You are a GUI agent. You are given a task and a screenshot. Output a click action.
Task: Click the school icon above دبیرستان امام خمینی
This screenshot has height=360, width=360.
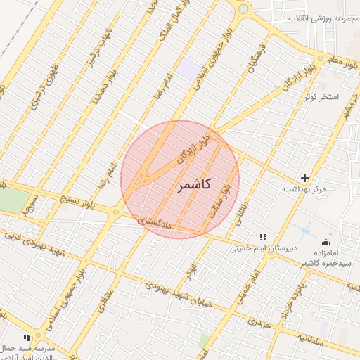click(262, 237)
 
